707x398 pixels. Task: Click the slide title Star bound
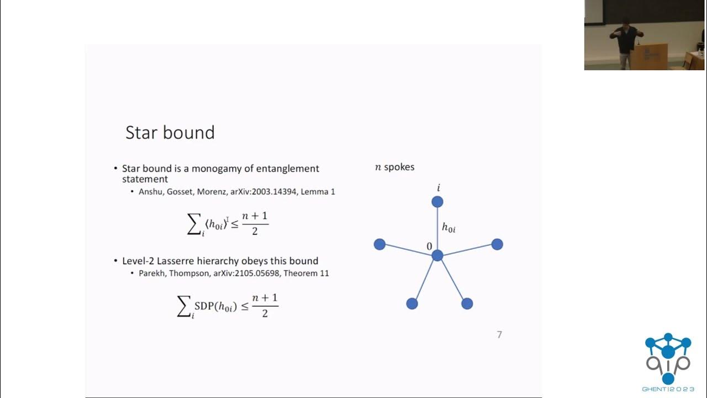(170, 133)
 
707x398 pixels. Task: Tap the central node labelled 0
(437, 255)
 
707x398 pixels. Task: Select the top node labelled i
(437, 202)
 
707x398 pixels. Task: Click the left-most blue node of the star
(379, 244)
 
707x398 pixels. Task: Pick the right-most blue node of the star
(497, 244)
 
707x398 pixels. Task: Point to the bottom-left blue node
(412, 303)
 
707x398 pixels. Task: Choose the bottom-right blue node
(467, 303)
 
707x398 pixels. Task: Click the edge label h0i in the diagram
(449, 227)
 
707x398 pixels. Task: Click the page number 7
(499, 334)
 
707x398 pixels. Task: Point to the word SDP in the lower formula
(204, 306)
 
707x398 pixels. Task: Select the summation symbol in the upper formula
(194, 224)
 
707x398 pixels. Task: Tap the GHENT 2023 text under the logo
(668, 389)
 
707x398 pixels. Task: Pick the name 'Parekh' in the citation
(151, 273)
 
